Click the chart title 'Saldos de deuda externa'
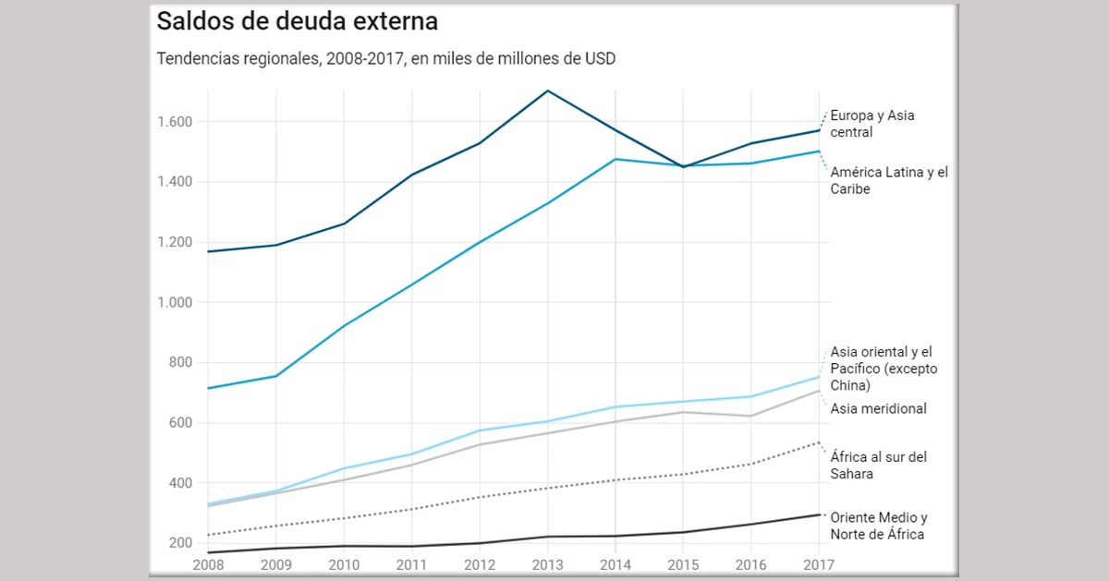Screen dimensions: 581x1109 [297, 21]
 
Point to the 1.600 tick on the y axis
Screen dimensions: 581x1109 [174, 122]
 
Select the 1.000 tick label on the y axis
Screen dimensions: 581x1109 [174, 303]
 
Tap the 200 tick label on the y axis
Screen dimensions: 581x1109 [179, 543]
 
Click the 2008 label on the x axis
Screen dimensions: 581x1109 [207, 563]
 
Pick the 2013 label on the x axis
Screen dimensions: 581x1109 [547, 563]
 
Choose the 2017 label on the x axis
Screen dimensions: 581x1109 [817, 563]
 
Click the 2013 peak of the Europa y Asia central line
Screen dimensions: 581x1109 [548, 91]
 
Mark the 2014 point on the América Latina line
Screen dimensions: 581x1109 [615, 159]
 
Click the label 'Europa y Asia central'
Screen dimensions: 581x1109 [872, 124]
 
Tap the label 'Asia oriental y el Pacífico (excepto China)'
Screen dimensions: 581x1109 [884, 368]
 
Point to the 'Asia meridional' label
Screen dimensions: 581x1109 [878, 408]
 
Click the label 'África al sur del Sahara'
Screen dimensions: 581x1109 [878, 465]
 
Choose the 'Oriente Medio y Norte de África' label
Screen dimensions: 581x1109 [878, 526]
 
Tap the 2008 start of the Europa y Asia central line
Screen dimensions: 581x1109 [208, 251]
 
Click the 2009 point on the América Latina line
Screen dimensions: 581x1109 [275, 376]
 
